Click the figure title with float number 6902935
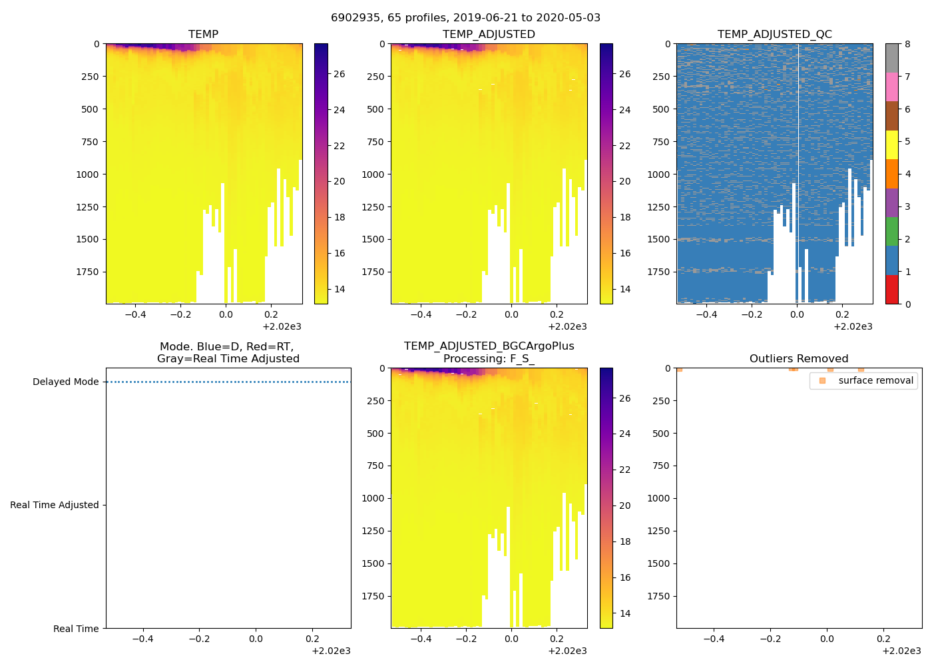point(465,18)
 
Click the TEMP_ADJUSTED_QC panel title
point(774,35)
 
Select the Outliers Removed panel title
point(798,359)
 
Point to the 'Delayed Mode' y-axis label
point(65,382)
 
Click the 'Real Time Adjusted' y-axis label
point(54,505)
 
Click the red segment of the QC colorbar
point(891,290)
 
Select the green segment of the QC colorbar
point(891,232)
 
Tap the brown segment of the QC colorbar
point(891,116)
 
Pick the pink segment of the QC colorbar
point(891,87)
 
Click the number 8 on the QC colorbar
point(907,45)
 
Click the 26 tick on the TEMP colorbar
point(339,74)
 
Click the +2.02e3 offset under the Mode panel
point(331,651)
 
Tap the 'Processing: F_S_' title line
point(489,359)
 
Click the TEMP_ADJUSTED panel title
point(489,35)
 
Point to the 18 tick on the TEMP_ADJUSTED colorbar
point(624,217)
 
